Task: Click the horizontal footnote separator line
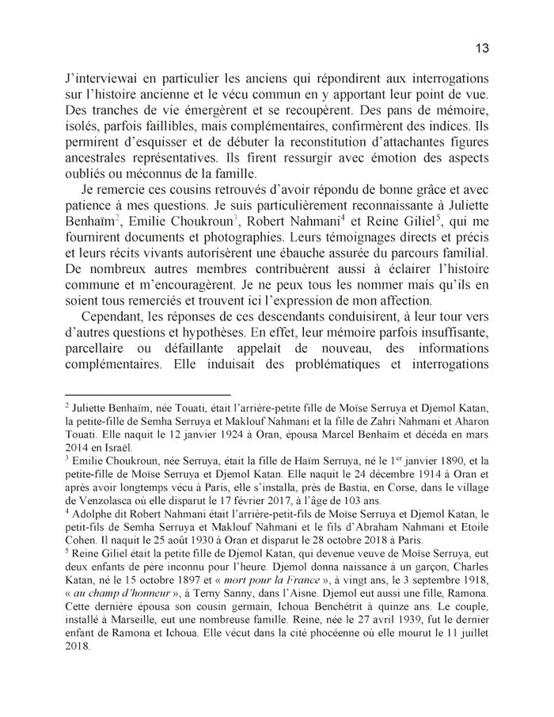click(146, 393)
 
